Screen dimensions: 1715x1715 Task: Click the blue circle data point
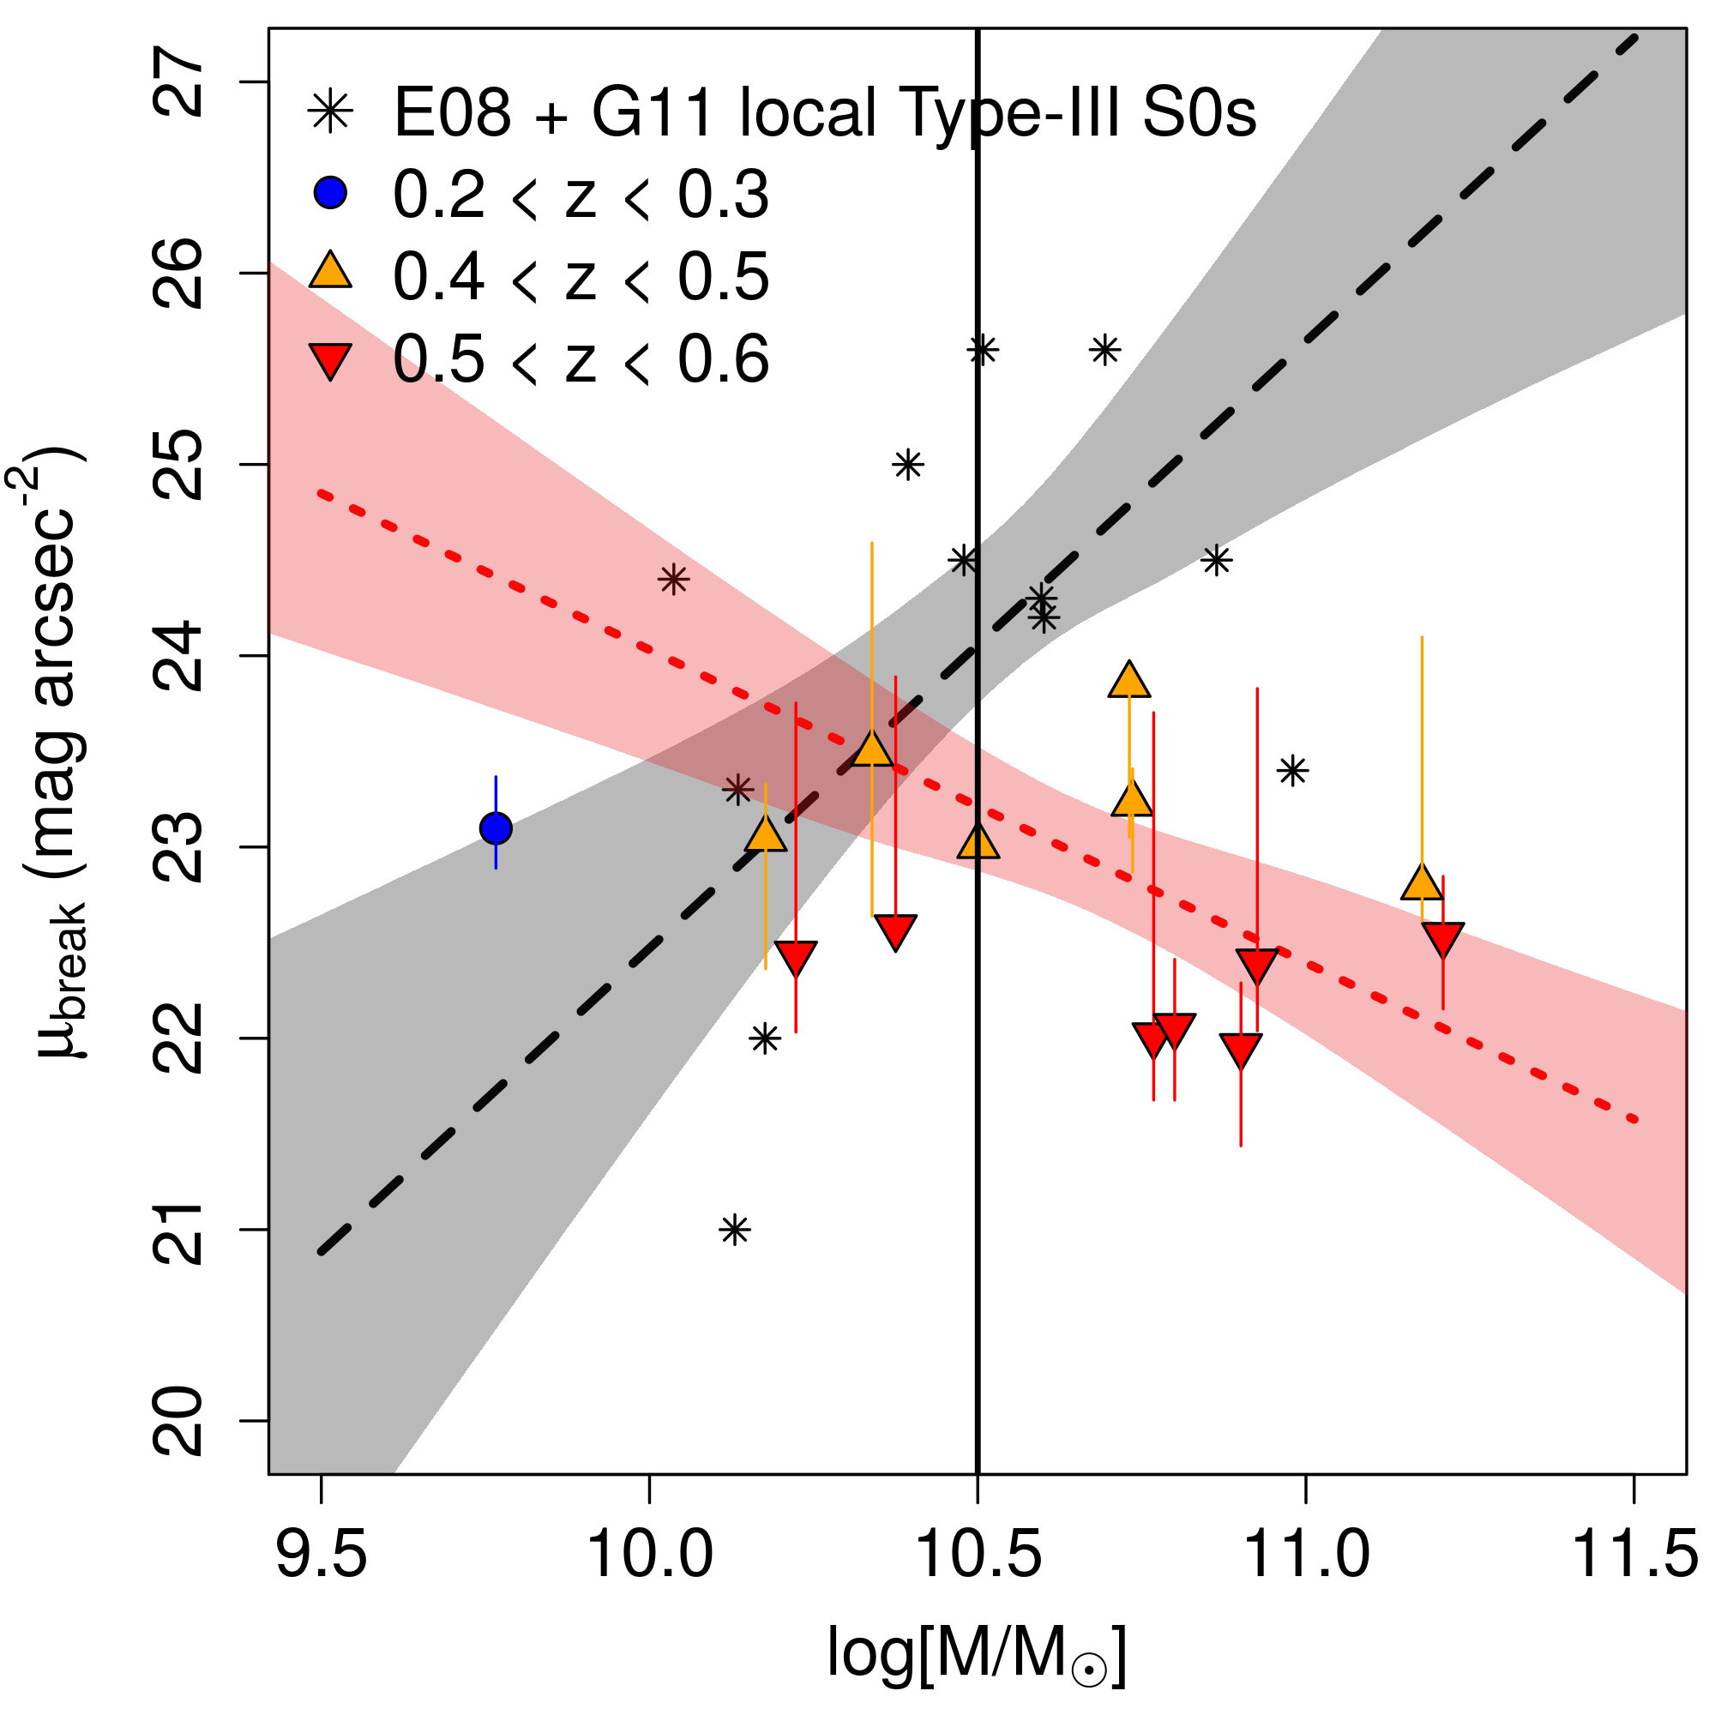(496, 828)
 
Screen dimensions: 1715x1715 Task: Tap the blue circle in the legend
(330, 192)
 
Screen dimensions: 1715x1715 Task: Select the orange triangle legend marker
(330, 272)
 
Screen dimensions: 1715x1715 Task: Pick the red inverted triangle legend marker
(330, 359)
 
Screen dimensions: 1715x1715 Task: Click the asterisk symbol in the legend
(330, 111)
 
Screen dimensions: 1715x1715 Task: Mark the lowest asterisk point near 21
(735, 1231)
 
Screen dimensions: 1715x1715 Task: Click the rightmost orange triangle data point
(1421, 884)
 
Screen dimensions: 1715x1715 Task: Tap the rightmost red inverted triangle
(1442, 937)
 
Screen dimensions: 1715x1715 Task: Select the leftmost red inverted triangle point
(796, 956)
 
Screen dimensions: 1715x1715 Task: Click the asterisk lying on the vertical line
(982, 351)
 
